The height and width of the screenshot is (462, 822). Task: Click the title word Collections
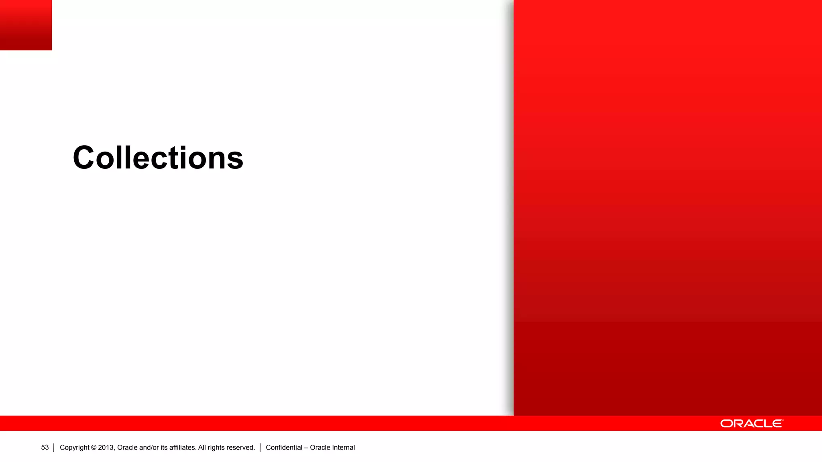coord(158,158)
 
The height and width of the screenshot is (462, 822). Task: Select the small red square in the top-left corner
coord(26,25)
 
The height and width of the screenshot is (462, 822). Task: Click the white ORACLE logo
coord(752,423)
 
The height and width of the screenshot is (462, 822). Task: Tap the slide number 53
coord(45,448)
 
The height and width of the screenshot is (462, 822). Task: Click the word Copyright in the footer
coord(75,448)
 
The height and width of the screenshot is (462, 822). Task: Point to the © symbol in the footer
coord(94,448)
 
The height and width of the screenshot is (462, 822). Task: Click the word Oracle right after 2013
coord(127,448)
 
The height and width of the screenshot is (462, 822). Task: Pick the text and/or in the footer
coord(149,448)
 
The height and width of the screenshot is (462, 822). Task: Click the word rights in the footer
coord(217,448)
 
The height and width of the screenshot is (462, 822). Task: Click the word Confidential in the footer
coord(284,448)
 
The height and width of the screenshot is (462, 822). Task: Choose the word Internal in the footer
coord(344,448)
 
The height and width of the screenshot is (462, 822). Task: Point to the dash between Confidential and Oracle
coord(306,448)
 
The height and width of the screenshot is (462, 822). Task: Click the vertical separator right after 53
coord(54,448)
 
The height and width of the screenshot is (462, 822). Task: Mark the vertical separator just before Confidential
coord(260,448)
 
